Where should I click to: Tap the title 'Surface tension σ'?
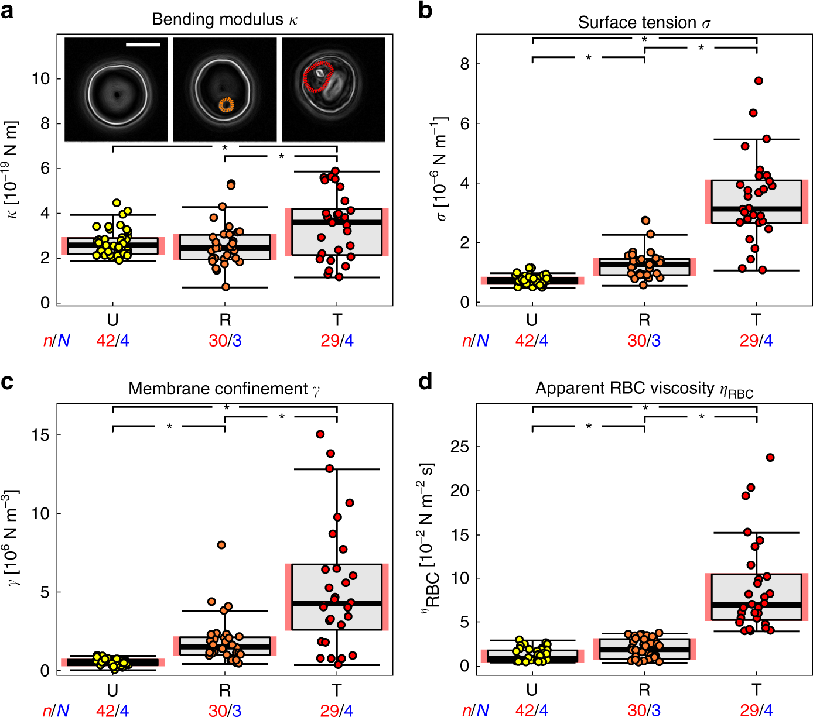(x=644, y=22)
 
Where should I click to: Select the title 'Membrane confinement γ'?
(x=224, y=389)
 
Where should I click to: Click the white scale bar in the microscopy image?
(x=142, y=44)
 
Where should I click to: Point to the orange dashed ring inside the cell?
(x=226, y=105)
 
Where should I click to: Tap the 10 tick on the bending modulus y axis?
(x=40, y=78)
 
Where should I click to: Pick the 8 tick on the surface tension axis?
(x=464, y=64)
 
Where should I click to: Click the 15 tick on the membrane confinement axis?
(x=40, y=435)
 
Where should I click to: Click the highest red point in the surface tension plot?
(x=759, y=81)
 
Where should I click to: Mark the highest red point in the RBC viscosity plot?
(x=770, y=457)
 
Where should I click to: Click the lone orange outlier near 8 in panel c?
(x=221, y=545)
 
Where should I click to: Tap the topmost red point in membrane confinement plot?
(x=320, y=434)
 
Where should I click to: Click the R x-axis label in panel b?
(x=644, y=320)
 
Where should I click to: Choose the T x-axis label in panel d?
(x=756, y=689)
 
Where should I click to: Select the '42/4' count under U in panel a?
(x=112, y=341)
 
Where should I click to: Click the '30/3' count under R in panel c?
(x=225, y=711)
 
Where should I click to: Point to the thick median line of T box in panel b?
(x=756, y=208)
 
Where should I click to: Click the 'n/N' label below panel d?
(x=475, y=711)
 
